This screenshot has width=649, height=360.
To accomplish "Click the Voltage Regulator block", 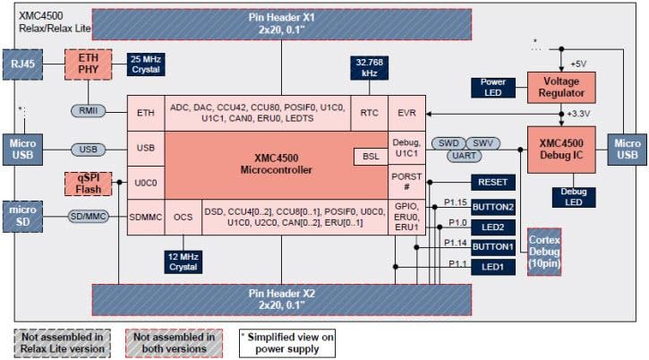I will (x=561, y=87).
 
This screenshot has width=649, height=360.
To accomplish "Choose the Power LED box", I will (x=493, y=86).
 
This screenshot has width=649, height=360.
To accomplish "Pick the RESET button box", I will (x=493, y=183).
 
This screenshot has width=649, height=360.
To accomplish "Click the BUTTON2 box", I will (x=493, y=206).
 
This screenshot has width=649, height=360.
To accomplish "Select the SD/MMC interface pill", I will (x=90, y=215).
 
